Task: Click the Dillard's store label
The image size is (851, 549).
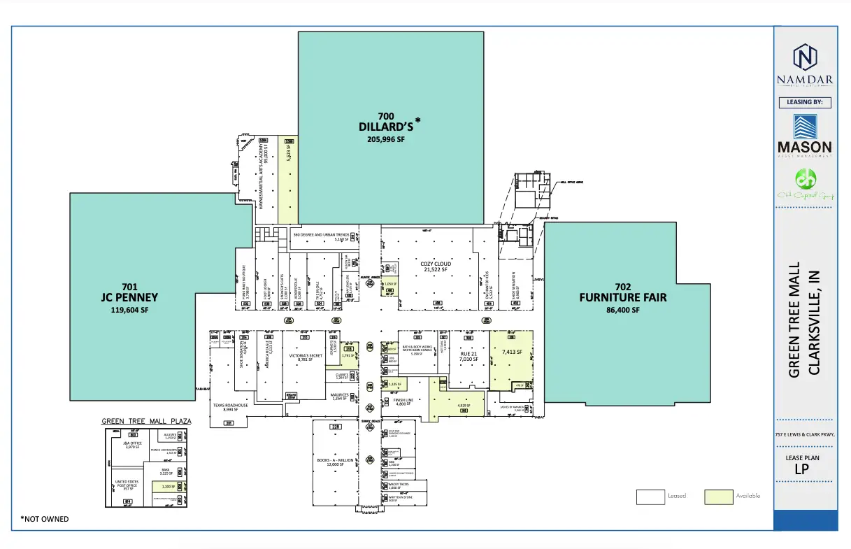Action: (x=387, y=127)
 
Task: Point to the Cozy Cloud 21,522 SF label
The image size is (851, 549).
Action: (x=436, y=266)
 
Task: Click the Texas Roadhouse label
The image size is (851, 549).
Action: (x=231, y=407)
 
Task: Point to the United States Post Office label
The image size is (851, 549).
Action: (x=127, y=485)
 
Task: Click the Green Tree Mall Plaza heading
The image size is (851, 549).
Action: (x=146, y=422)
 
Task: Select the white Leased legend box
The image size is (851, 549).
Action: (x=650, y=496)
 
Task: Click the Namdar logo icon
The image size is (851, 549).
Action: (x=805, y=57)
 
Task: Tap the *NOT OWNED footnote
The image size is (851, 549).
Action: (x=45, y=519)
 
